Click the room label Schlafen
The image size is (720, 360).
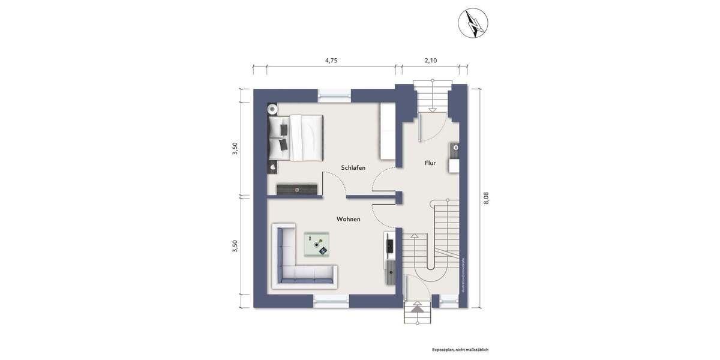353,167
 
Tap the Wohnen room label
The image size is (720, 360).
348,219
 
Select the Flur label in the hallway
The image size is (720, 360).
430,163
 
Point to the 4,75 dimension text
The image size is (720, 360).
331,61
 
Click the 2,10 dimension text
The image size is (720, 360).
430,61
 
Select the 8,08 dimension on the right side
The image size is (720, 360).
486,198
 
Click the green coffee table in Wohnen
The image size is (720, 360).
317,244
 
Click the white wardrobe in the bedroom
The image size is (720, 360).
388,131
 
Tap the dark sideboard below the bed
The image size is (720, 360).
296,189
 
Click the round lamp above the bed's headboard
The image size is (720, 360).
272,109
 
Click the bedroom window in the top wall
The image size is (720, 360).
334,93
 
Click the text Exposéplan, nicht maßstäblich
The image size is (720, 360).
460,349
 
